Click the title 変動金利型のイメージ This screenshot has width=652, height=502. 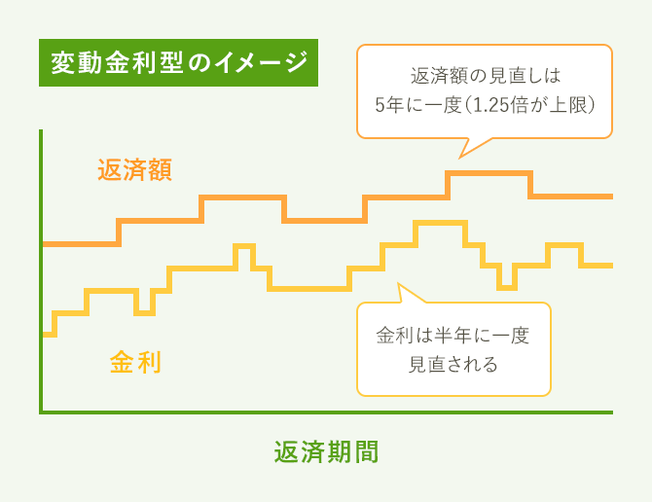[178, 64]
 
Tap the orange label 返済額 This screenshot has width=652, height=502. [135, 170]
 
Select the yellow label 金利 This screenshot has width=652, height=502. [135, 363]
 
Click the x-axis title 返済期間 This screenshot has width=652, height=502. [325, 452]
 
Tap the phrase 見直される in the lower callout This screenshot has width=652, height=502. [453, 365]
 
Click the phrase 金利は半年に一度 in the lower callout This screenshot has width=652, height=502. [453, 336]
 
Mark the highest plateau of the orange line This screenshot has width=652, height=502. [489, 173]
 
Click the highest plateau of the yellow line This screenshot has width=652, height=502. [440, 224]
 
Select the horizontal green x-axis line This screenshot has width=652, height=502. [326, 412]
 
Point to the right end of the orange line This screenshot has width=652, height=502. [610, 197]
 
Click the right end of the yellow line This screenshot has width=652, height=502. [610, 265]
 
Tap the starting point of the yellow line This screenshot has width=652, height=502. [45, 334]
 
